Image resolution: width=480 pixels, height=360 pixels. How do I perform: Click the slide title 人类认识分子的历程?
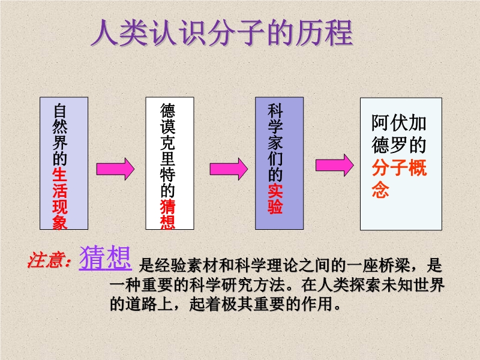click(x=222, y=33)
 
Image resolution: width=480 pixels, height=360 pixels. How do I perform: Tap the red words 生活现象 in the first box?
click(x=59, y=199)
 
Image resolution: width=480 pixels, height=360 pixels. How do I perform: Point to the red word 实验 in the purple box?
click(x=275, y=199)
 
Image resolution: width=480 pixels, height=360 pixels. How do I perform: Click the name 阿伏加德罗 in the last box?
click(x=399, y=133)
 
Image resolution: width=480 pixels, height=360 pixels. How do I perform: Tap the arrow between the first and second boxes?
click(x=115, y=169)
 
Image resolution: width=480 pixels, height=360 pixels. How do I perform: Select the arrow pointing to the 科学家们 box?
click(x=229, y=169)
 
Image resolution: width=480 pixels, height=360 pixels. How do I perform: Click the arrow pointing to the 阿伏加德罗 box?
click(x=335, y=166)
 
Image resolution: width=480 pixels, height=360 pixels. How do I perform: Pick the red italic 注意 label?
click(x=49, y=260)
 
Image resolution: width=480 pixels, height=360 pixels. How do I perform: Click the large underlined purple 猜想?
click(x=106, y=258)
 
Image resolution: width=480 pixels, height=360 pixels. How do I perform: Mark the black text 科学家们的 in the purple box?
click(x=275, y=142)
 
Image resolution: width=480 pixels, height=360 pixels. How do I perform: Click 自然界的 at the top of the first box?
click(x=59, y=134)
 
